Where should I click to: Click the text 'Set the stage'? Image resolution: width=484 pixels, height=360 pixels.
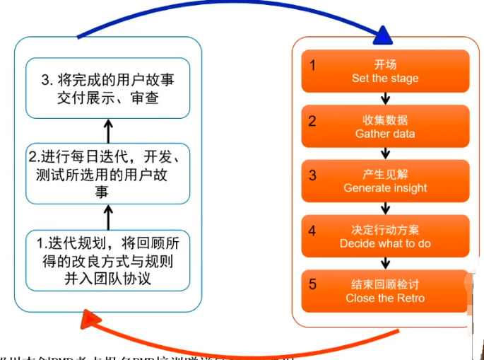(x=385, y=79)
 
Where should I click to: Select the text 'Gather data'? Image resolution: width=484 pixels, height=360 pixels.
(x=385, y=134)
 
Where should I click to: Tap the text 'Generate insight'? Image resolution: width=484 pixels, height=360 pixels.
(x=385, y=188)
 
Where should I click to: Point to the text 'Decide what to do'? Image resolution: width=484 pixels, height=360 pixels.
(x=385, y=243)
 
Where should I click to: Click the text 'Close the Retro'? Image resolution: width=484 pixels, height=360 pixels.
(x=385, y=298)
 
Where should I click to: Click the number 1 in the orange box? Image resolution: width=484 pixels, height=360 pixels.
(x=312, y=65)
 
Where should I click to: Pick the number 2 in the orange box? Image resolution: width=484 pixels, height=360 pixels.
(x=312, y=120)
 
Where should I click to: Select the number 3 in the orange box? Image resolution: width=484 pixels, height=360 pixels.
(x=312, y=175)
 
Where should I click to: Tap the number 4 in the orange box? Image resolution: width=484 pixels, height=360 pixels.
(x=312, y=230)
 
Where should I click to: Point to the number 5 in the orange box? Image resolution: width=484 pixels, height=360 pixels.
(x=312, y=284)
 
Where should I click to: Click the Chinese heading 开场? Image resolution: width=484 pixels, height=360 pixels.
(x=385, y=65)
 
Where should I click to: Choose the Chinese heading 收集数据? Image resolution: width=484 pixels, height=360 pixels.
(x=385, y=120)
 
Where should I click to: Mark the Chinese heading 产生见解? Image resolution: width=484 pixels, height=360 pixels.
(x=385, y=175)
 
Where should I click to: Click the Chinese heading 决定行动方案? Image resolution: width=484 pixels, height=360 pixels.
(x=385, y=230)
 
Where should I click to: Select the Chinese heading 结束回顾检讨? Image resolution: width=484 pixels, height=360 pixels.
(x=385, y=284)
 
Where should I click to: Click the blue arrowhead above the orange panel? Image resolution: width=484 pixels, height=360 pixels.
(x=382, y=34)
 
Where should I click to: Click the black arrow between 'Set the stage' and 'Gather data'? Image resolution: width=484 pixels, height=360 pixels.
(x=385, y=97)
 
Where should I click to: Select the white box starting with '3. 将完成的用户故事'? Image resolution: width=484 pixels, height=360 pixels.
(x=108, y=88)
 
